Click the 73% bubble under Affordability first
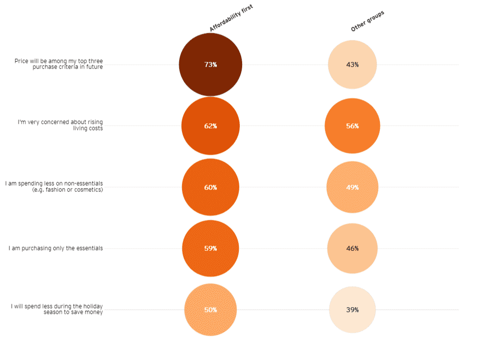(210, 65)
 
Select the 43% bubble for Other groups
(352, 65)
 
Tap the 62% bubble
(210, 126)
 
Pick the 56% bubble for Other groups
(352, 126)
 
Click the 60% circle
(210, 188)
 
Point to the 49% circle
(352, 188)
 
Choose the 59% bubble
(210, 249)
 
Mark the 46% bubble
(352, 249)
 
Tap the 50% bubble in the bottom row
(210, 310)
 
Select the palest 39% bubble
(352, 310)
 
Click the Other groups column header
(367, 21)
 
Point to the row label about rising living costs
(60, 125)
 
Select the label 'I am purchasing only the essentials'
(56, 249)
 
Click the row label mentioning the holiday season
(57, 309)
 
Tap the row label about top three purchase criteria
(59, 64)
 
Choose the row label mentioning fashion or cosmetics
(54, 187)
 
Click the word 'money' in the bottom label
(92, 312)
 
